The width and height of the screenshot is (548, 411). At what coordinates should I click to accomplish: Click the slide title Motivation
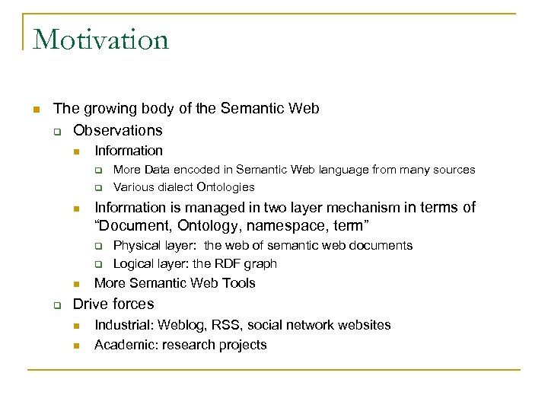point(100,40)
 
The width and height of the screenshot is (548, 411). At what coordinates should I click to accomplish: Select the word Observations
point(117,130)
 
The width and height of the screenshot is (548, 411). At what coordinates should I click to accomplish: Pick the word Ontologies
point(225,187)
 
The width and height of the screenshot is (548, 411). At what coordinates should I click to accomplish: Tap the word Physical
point(136,245)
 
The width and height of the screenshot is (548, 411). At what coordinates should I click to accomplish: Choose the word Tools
point(238,283)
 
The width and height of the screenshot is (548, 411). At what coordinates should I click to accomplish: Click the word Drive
point(90,304)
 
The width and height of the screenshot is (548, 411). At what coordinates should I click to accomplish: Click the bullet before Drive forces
point(56,304)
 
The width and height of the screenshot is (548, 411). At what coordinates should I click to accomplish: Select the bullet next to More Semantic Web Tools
point(76,284)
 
